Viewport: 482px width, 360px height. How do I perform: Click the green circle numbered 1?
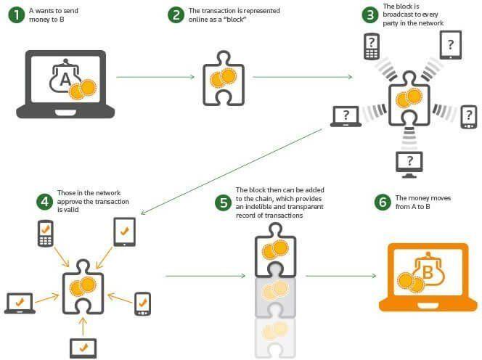coord(16,15)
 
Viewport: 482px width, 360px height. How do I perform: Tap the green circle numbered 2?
coord(176,15)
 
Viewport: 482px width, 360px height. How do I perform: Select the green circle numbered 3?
coord(369,15)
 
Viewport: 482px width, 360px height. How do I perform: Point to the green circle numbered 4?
coord(44,202)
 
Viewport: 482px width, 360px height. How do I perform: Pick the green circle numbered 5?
coord(223,203)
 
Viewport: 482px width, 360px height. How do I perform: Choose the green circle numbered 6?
coord(383,202)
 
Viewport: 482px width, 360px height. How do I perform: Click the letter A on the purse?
coord(65,79)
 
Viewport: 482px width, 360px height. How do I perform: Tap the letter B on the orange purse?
coord(428,271)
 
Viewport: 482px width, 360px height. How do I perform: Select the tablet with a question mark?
coord(451,45)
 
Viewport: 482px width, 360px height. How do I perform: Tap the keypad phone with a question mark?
coord(372,46)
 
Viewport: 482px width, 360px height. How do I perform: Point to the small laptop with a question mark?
coord(346,117)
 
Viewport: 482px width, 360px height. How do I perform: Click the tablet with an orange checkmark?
coord(125,232)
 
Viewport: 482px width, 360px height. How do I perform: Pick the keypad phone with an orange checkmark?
coord(46,234)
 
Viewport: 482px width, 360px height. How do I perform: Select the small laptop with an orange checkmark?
coord(20,303)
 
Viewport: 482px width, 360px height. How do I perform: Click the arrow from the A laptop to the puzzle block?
coord(155,77)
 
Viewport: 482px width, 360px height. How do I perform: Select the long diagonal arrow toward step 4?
coord(231,171)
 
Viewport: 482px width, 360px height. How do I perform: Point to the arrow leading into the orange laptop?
coord(341,276)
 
